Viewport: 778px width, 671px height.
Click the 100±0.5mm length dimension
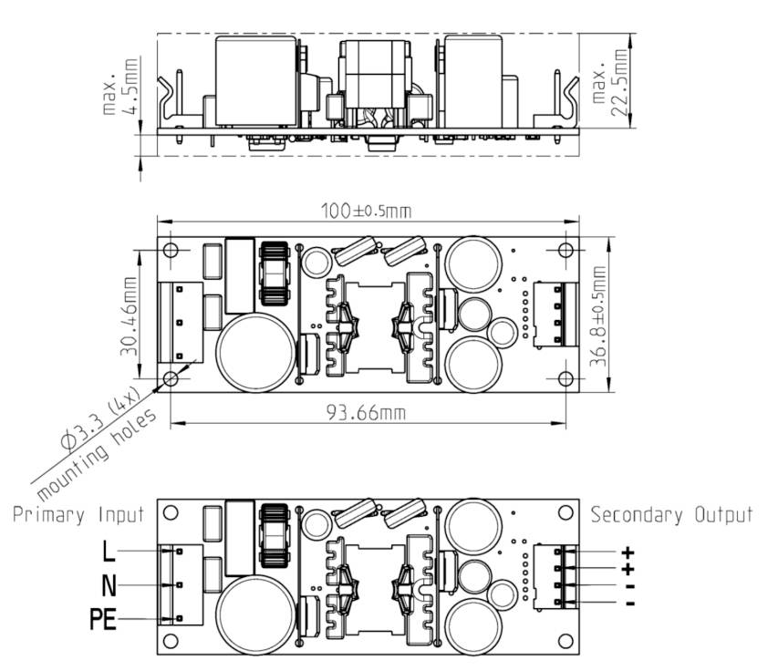(x=366, y=211)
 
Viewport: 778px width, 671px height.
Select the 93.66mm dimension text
(x=366, y=412)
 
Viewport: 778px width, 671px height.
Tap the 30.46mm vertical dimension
(x=129, y=316)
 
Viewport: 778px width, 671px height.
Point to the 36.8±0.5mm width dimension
(x=598, y=316)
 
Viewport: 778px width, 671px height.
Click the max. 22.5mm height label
(x=610, y=82)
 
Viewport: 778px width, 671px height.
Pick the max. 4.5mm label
(x=119, y=86)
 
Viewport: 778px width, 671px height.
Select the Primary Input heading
(x=78, y=514)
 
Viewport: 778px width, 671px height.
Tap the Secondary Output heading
(x=672, y=515)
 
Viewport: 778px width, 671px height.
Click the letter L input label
(x=109, y=551)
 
